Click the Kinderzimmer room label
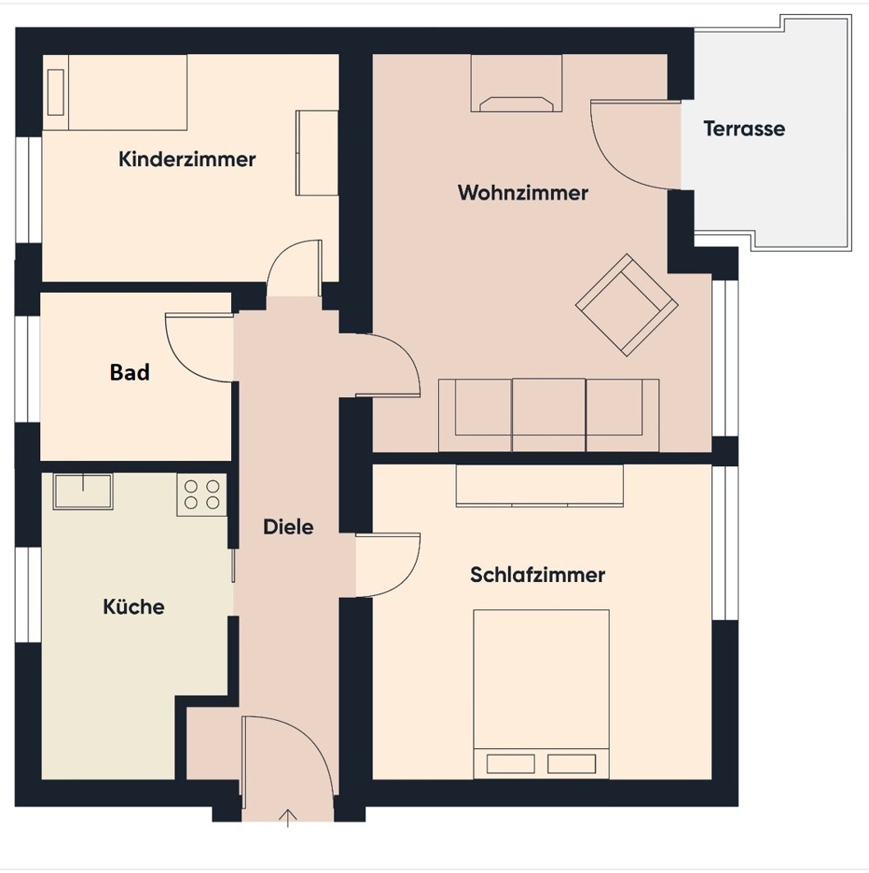[x=187, y=159]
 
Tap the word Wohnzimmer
[x=523, y=192]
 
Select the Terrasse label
[x=744, y=128]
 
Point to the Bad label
[x=130, y=372]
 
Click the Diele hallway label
[x=288, y=527]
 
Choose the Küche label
[x=134, y=607]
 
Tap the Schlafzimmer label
[x=537, y=575]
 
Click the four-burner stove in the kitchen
[x=201, y=495]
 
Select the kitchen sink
[x=83, y=491]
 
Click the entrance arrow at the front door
[x=287, y=818]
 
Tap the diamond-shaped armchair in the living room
[x=626, y=305]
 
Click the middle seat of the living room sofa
[x=548, y=415]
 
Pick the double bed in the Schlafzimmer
[x=541, y=695]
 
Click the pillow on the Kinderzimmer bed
[x=56, y=92]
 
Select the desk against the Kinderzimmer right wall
[x=317, y=153]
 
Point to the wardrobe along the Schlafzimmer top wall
[x=539, y=486]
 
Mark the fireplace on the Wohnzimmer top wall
[x=516, y=84]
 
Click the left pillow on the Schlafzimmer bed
[x=511, y=764]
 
